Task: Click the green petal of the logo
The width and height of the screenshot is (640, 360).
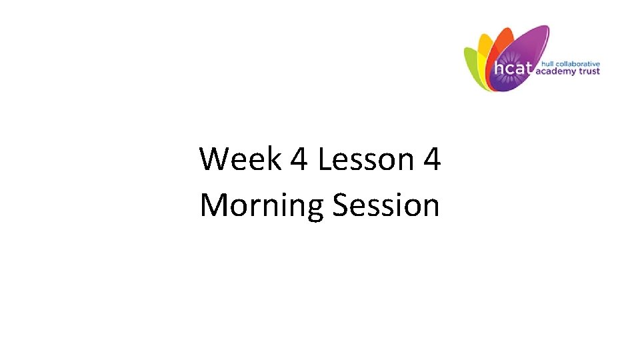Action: [x=472, y=67]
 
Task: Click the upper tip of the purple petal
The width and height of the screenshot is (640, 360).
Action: [x=543, y=30]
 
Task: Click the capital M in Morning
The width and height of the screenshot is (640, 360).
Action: [x=215, y=205]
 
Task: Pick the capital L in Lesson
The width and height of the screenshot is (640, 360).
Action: [x=325, y=160]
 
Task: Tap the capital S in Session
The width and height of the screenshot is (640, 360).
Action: [x=341, y=205]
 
